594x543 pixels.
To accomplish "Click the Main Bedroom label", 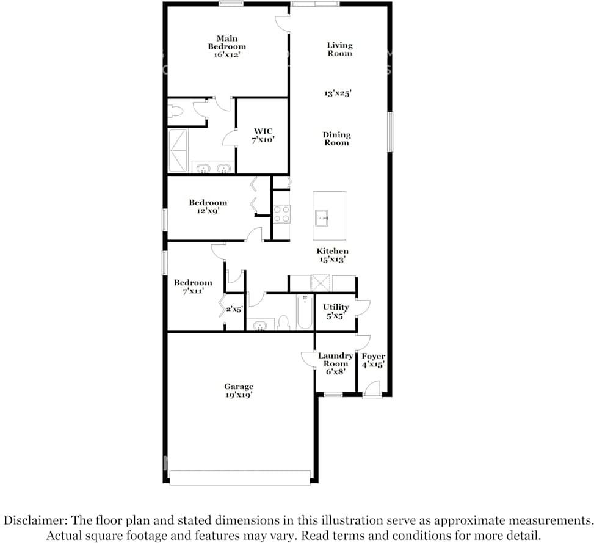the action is click(227, 46).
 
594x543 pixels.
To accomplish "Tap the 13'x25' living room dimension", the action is click(338, 93).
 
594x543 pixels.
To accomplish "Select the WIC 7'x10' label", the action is click(263, 135).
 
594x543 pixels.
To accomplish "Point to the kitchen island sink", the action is click(322, 218).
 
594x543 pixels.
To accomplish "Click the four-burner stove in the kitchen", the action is click(281, 214).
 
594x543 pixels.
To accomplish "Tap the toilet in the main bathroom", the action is click(176, 111).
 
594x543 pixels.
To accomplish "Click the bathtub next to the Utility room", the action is click(305, 313).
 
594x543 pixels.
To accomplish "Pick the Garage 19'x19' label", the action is click(239, 391).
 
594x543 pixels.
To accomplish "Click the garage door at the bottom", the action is click(240, 478).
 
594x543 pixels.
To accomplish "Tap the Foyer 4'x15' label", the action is click(374, 360).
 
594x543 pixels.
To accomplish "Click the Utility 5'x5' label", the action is click(336, 311).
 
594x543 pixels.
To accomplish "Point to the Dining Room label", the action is click(337, 139).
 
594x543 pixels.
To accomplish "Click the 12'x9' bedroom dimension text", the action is click(208, 211).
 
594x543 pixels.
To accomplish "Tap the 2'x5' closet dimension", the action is click(234, 309).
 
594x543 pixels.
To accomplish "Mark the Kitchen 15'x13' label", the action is click(333, 255).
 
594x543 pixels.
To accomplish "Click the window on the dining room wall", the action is click(390, 132).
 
